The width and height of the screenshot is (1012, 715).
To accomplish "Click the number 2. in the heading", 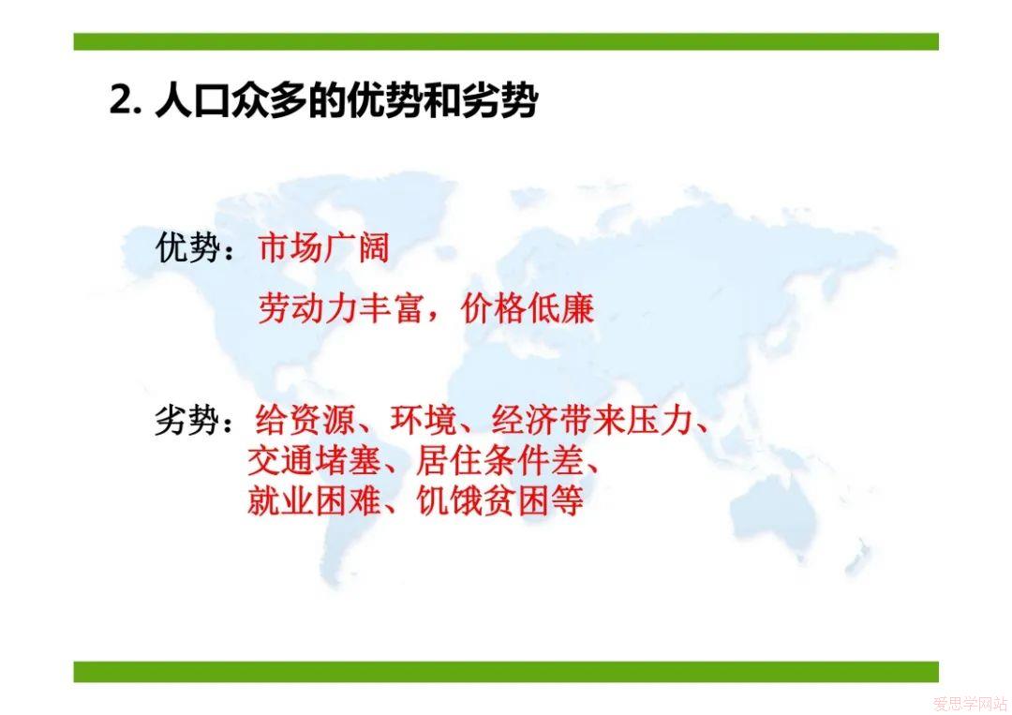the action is tap(126, 100).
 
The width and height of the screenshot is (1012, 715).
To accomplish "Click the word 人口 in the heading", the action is tap(193, 101).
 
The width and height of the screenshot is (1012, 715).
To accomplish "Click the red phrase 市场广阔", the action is tap(324, 247).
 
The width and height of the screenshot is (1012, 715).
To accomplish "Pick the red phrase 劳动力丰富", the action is tap(340, 308).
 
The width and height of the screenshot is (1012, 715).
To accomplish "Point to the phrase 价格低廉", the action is tap(528, 308).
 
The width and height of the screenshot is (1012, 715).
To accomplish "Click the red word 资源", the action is tap(321, 421).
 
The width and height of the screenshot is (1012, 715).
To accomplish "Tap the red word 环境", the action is tap(423, 421).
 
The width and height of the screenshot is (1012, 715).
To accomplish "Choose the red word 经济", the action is tap(524, 421).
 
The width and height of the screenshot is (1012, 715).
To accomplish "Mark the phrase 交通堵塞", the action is tap(314, 461).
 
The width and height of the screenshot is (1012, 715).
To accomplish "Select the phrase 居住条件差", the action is tap(499, 461).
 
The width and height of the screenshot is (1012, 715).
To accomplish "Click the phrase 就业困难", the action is tap(314, 500).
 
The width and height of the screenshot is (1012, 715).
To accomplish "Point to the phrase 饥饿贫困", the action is tap(483, 500).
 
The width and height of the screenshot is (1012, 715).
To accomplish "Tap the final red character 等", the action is tap(567, 500).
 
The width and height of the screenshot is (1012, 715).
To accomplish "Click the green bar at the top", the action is tap(506, 42).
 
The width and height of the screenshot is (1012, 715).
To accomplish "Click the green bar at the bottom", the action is tap(506, 672).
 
